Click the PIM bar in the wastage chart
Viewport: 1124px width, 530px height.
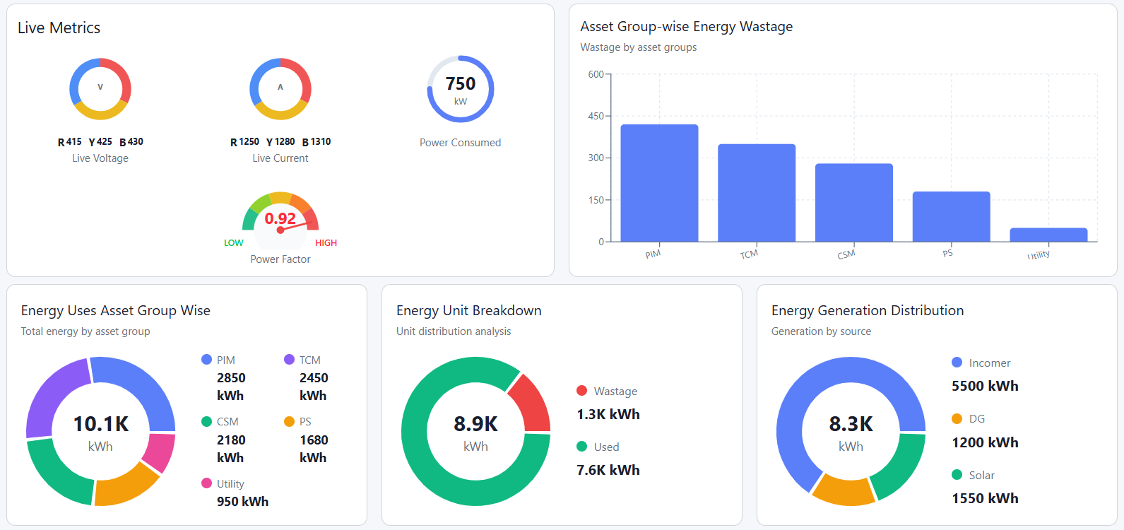659,183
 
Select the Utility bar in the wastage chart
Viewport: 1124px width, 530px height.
1048,235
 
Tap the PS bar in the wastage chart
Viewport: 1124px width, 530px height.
952,217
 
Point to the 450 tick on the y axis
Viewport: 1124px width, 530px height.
596,116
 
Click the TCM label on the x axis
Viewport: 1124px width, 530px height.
749,254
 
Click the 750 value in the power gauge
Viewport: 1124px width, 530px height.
461,83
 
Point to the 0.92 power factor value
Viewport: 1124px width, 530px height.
280,218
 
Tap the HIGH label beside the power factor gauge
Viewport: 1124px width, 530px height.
326,243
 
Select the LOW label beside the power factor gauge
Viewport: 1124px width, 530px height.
233,243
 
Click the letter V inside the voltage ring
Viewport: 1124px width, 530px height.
100,87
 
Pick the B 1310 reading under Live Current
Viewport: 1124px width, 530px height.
316,142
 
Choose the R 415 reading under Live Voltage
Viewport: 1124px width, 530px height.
69,142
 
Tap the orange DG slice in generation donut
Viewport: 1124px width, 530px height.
843,491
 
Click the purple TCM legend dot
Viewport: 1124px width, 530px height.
289,360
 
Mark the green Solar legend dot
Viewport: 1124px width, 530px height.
957,474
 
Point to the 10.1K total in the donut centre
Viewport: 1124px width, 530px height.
101,424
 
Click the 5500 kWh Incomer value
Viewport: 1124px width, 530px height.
985,386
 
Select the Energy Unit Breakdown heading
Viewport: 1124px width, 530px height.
468,311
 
